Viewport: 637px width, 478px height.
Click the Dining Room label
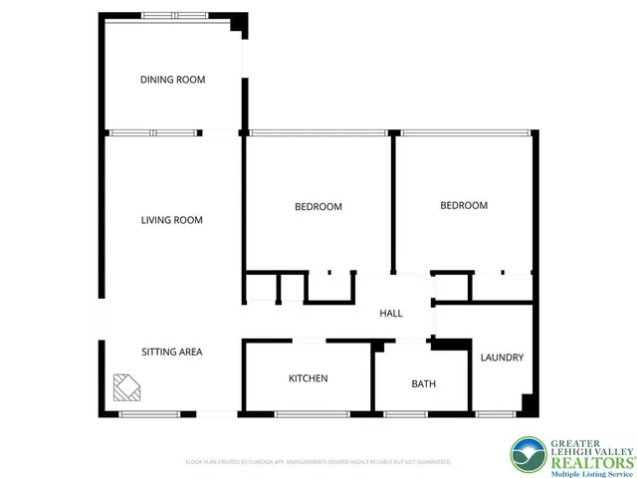[x=172, y=80]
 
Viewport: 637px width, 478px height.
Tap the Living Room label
[x=171, y=220]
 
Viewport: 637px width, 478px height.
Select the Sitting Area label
[x=171, y=352]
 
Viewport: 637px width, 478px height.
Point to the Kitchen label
[x=308, y=378]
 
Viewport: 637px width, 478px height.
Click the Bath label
[x=423, y=383]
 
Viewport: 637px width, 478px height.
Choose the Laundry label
[x=502, y=358]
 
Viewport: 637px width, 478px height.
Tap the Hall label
[x=391, y=314]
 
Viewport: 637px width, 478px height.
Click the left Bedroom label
[x=318, y=207]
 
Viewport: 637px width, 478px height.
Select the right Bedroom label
[x=464, y=205]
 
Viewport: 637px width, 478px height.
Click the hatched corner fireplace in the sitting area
[x=126, y=387]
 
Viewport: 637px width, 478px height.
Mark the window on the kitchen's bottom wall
[x=306, y=413]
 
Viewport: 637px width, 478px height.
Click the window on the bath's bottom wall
[x=406, y=413]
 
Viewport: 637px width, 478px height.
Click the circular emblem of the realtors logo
[x=528, y=455]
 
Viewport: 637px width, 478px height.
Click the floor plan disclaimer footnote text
[x=318, y=462]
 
